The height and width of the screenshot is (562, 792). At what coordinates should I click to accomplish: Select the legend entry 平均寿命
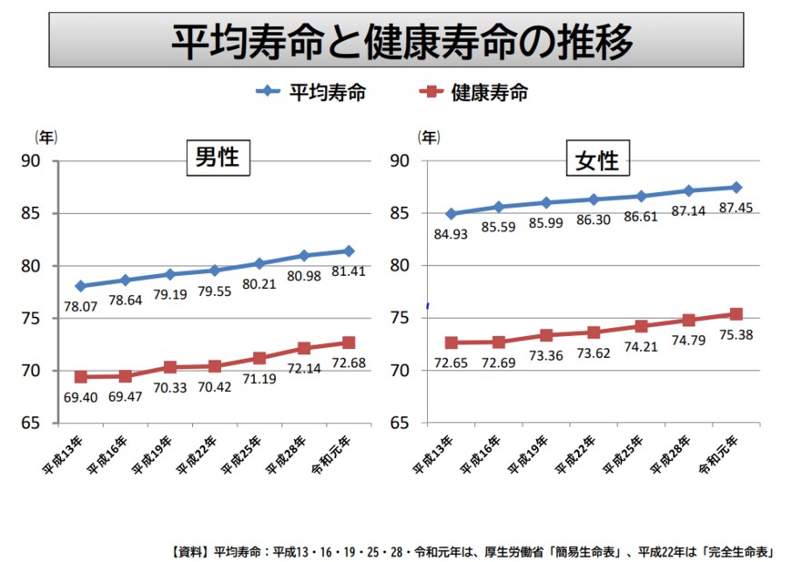328,92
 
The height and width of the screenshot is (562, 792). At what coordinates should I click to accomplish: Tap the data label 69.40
81,399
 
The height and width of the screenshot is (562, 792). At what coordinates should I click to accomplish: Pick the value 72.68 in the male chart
350,363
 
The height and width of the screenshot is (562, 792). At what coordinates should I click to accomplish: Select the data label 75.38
737,334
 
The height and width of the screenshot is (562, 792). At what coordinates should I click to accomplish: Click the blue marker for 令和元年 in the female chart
736,188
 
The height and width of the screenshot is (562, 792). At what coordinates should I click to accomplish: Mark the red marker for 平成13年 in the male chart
81,376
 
